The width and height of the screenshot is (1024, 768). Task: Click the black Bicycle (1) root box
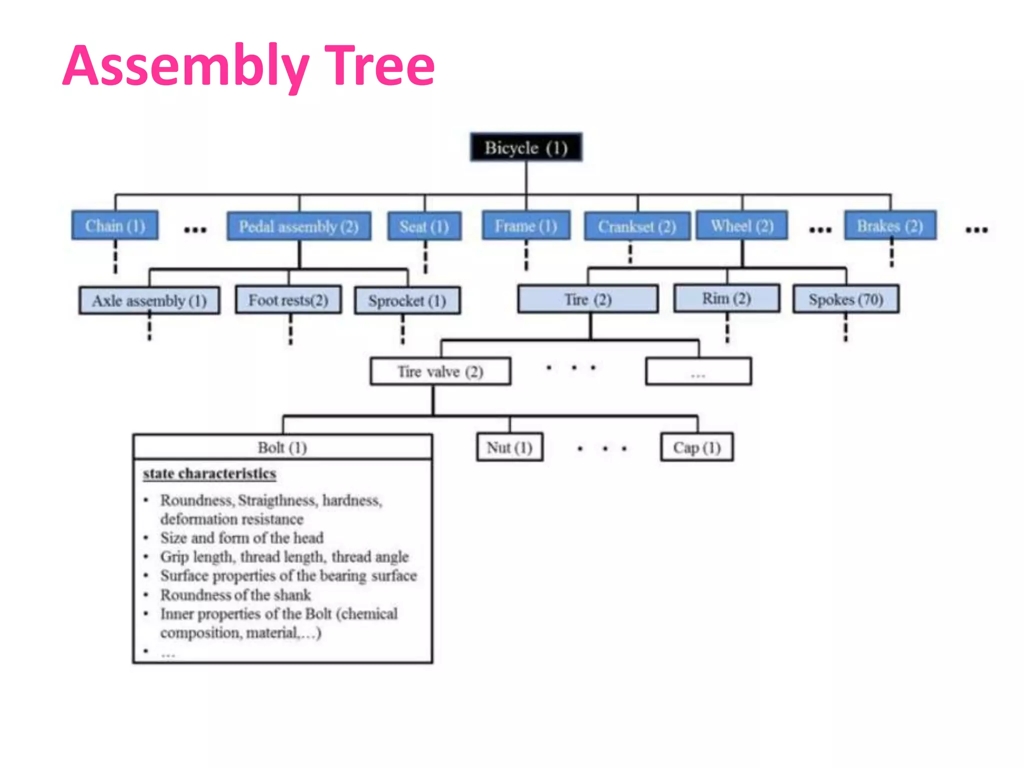pyautogui.click(x=526, y=147)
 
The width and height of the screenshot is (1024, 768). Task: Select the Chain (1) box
pyautogui.click(x=115, y=226)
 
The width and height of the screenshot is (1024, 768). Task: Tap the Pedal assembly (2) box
pyautogui.click(x=299, y=226)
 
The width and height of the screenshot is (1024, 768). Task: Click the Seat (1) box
pyautogui.click(x=424, y=226)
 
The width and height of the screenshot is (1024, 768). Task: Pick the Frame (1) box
pyautogui.click(x=526, y=226)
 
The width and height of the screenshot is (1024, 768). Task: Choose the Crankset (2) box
pyautogui.click(x=637, y=226)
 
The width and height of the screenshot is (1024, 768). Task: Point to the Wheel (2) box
pyautogui.click(x=742, y=226)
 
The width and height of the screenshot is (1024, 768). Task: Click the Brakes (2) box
pyautogui.click(x=890, y=226)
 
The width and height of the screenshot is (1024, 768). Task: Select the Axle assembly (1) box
pyautogui.click(x=149, y=300)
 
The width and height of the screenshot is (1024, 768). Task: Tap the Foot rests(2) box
pyautogui.click(x=288, y=300)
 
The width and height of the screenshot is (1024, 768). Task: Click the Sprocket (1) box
pyautogui.click(x=407, y=300)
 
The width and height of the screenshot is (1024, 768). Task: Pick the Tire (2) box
pyautogui.click(x=588, y=299)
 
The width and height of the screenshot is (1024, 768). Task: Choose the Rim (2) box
pyautogui.click(x=726, y=298)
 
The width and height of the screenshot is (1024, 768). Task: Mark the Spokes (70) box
pyautogui.click(x=846, y=299)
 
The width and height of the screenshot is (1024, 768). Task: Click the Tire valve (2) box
pyautogui.click(x=440, y=371)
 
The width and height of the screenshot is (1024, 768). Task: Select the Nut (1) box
pyautogui.click(x=509, y=447)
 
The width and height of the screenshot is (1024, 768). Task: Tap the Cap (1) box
pyautogui.click(x=697, y=447)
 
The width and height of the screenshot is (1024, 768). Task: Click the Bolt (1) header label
pyautogui.click(x=282, y=447)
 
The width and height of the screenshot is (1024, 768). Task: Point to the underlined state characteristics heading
pyautogui.click(x=209, y=473)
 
